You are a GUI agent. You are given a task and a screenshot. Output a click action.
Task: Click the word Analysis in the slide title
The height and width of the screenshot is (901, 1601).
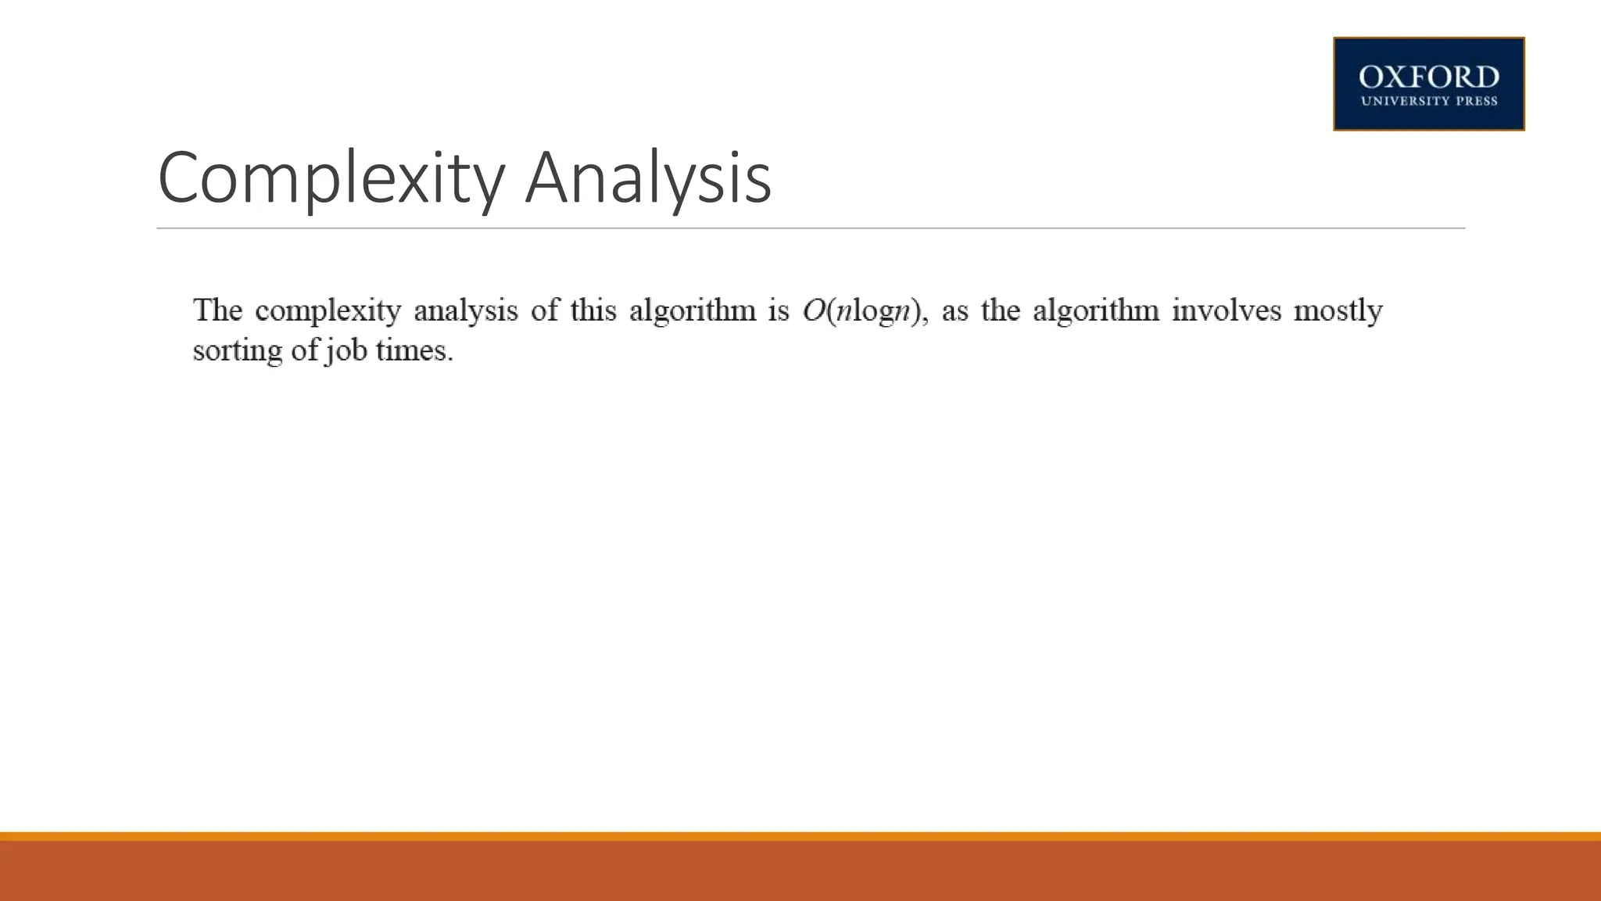(x=648, y=178)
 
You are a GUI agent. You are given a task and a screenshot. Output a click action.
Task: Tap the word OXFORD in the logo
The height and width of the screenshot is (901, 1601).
(x=1428, y=77)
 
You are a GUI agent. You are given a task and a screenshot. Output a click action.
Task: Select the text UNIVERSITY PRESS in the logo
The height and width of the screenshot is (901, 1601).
(x=1428, y=101)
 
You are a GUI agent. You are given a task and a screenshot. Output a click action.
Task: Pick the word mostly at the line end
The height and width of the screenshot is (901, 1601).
(x=1338, y=311)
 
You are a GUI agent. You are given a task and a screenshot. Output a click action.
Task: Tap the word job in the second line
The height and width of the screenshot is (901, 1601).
(x=346, y=350)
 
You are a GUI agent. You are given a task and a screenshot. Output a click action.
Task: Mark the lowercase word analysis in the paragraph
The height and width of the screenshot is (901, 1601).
(x=465, y=311)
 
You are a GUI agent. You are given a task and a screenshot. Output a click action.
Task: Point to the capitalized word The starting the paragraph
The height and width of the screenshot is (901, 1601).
(x=217, y=311)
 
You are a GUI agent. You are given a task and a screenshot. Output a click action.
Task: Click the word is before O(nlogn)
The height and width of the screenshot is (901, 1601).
(x=778, y=311)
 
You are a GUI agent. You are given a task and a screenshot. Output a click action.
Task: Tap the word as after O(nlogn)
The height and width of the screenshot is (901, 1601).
(x=955, y=311)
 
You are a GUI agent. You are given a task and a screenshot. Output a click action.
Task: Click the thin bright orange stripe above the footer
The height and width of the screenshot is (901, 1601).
(x=800, y=836)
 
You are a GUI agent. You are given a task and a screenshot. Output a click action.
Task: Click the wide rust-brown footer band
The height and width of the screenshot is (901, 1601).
(x=800, y=871)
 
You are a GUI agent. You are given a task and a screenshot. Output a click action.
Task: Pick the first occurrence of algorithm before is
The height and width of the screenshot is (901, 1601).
(x=693, y=311)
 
